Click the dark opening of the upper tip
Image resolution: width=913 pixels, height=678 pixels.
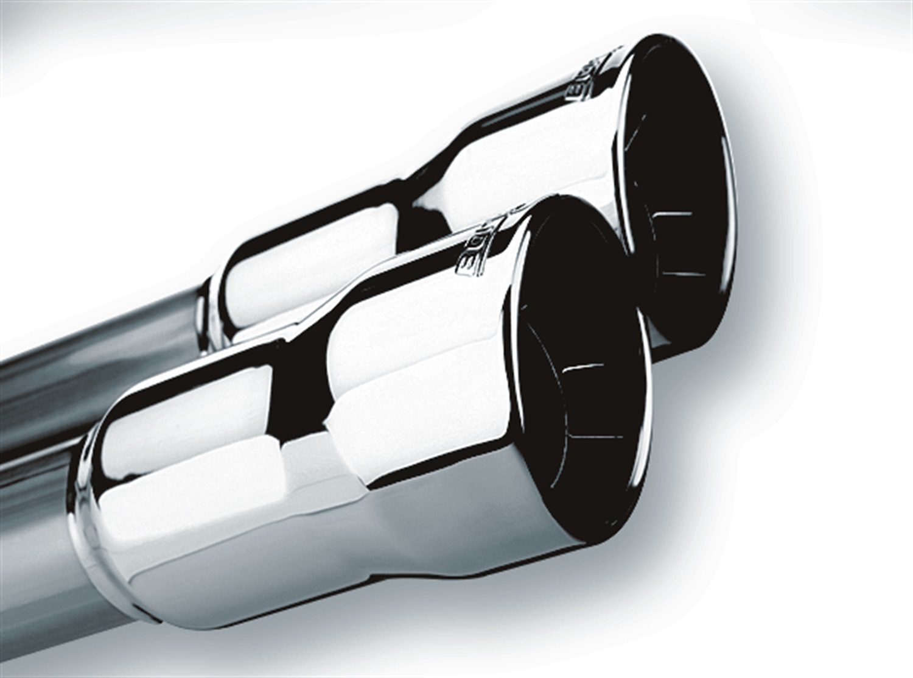point(676,152)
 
